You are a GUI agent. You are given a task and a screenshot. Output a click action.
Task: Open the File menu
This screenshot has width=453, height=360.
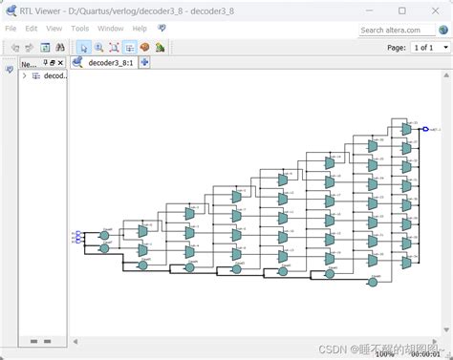11,29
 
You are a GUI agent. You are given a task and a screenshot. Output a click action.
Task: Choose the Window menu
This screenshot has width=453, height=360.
110,29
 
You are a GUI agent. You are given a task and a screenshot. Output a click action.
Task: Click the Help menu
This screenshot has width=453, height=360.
140,29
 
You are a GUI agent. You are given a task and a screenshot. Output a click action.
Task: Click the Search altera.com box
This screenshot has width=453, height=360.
398,30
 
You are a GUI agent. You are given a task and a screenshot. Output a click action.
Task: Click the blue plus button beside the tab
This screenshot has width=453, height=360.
144,63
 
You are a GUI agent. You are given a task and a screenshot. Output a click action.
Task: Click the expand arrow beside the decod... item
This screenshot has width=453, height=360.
24,76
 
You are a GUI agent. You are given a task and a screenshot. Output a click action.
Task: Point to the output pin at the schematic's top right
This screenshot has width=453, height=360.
427,128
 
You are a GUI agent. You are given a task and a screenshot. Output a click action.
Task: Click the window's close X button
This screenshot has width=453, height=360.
437,10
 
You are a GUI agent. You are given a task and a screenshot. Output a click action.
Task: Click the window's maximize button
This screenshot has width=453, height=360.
406,10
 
